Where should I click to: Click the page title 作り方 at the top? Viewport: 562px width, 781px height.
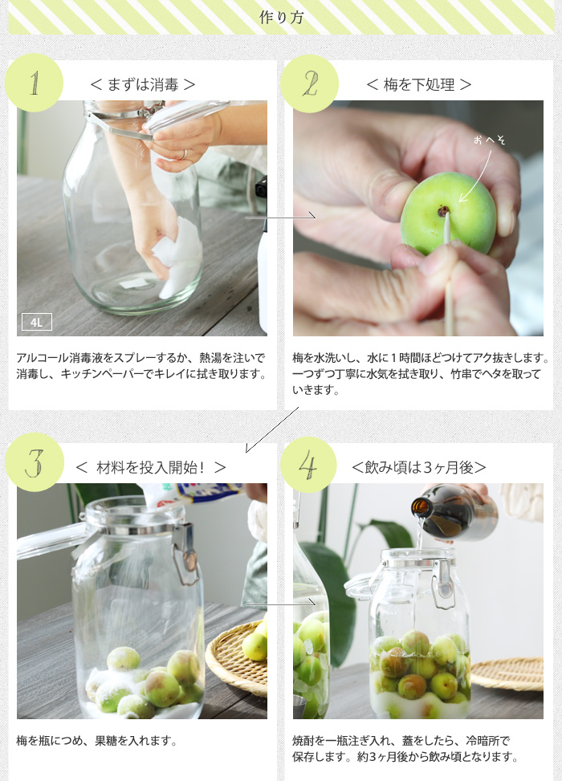281,18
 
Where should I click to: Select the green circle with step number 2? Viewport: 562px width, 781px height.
309,83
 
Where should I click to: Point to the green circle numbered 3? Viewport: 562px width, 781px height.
35,462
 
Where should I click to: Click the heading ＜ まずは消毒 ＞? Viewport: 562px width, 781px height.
142,84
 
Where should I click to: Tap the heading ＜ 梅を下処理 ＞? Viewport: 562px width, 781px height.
418,84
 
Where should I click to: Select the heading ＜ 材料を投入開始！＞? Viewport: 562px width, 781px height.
151,467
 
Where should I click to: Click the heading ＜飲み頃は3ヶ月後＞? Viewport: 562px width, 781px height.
418,467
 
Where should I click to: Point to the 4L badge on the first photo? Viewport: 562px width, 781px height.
36,322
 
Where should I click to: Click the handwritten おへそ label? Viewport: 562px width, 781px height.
489,140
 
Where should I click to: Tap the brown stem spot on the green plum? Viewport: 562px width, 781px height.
442,212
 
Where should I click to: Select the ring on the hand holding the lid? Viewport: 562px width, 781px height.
185,154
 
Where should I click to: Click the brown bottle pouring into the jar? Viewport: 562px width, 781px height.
454,513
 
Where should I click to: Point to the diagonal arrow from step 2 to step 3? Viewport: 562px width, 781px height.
272,430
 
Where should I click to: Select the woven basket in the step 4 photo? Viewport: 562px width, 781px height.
507,673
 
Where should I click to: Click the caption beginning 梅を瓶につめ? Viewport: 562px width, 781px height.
97,741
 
